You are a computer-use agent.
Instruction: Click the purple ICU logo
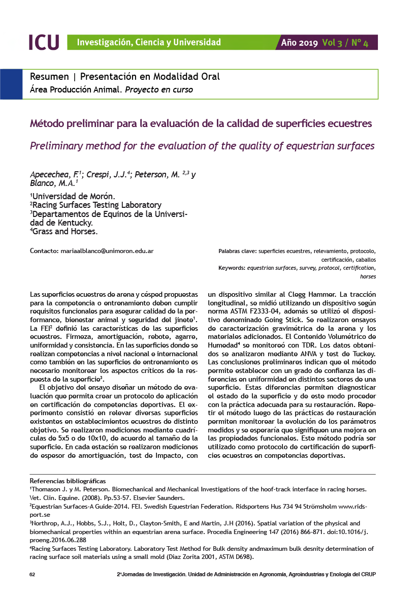tap(44, 42)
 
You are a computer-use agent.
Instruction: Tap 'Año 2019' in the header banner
tap(300, 43)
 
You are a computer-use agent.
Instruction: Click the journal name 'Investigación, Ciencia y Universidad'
tap(149, 43)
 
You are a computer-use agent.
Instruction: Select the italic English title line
tap(202, 146)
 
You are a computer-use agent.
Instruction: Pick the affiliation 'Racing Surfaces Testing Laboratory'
tap(96, 205)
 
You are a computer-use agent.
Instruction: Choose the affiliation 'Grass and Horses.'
tap(64, 231)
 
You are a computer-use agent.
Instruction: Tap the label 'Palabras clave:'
tap(237, 251)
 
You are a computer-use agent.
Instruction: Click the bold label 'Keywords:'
tap(232, 268)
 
